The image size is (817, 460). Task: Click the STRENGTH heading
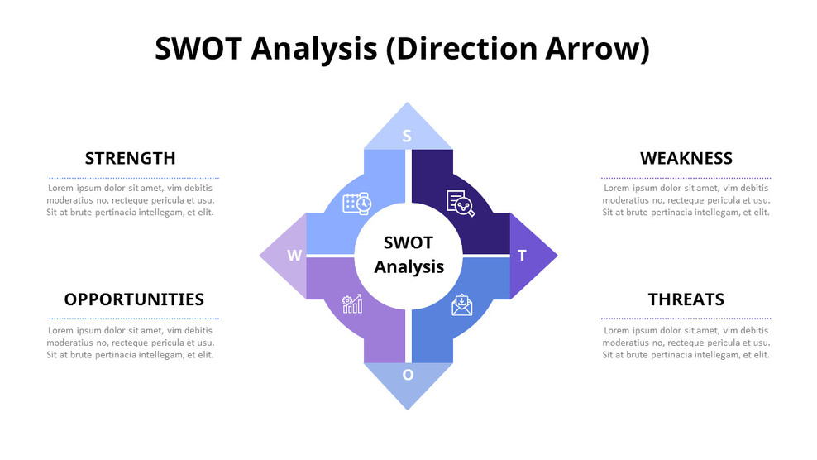pyautogui.click(x=130, y=158)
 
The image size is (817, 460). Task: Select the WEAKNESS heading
pyautogui.click(x=686, y=158)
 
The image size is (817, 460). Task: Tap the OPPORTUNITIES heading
pyautogui.click(x=134, y=299)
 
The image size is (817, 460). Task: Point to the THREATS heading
pyautogui.click(x=686, y=299)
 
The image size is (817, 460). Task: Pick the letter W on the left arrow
pyautogui.click(x=294, y=256)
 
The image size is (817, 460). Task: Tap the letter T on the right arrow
pyautogui.click(x=522, y=256)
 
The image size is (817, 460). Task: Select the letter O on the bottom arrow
pyautogui.click(x=408, y=375)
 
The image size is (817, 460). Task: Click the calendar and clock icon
pyautogui.click(x=357, y=204)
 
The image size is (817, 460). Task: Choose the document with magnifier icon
pyautogui.click(x=461, y=204)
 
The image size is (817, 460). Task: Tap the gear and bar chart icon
pyautogui.click(x=352, y=304)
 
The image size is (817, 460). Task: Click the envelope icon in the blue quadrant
pyautogui.click(x=461, y=304)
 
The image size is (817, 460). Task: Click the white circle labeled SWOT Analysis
pyautogui.click(x=408, y=255)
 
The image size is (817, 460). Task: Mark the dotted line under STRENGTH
pyautogui.click(x=134, y=178)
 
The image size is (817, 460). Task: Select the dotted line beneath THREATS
pyautogui.click(x=686, y=319)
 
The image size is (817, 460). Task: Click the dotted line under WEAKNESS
pyautogui.click(x=686, y=178)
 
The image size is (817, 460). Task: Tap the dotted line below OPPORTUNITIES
pyautogui.click(x=134, y=319)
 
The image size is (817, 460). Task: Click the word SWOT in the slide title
pyautogui.click(x=198, y=50)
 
